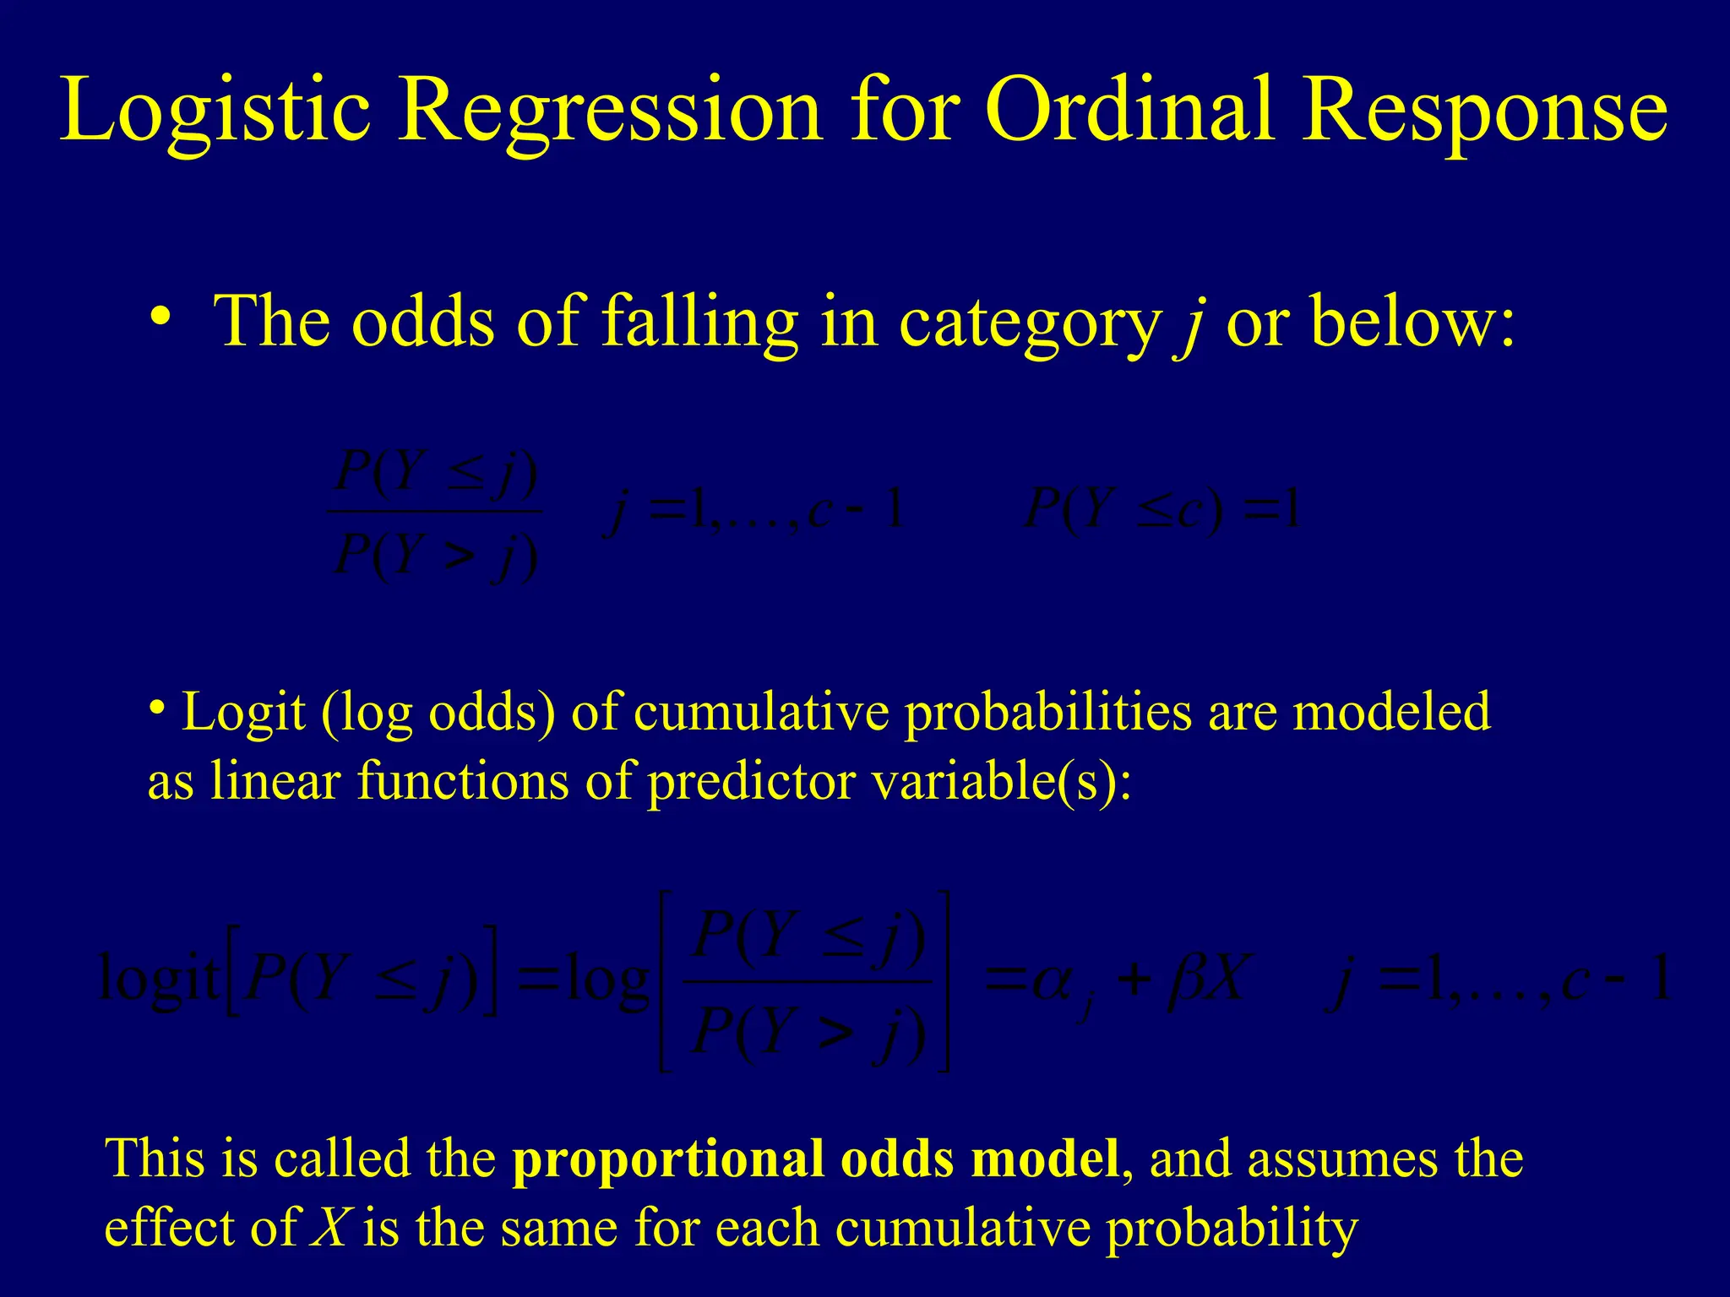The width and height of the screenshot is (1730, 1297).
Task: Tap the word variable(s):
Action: pyautogui.click(x=1000, y=781)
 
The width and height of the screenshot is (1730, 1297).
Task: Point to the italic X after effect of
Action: pyautogui.click(x=330, y=1227)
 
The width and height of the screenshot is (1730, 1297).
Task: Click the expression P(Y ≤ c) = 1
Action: pyautogui.click(x=1161, y=510)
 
